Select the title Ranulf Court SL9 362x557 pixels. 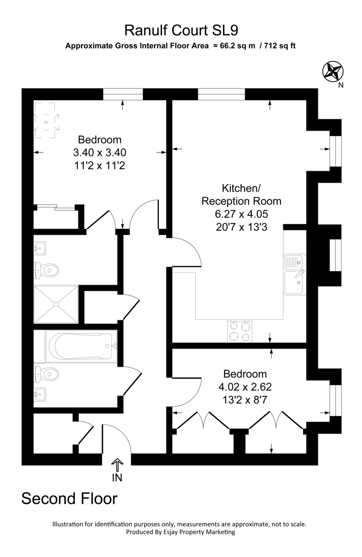click(x=181, y=31)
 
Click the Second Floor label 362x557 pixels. click(x=70, y=499)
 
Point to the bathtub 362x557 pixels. click(x=81, y=346)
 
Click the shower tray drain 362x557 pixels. click(x=56, y=304)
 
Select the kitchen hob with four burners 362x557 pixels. click(x=240, y=331)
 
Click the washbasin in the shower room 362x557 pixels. click(x=41, y=248)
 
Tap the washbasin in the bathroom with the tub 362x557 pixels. click(x=41, y=395)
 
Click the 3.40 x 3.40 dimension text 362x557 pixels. click(x=100, y=152)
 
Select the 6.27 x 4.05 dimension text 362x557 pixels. click(x=241, y=214)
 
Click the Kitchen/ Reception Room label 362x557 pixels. click(x=241, y=195)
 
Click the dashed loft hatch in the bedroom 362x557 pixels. click(x=46, y=122)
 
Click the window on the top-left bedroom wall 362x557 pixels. click(x=123, y=94)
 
